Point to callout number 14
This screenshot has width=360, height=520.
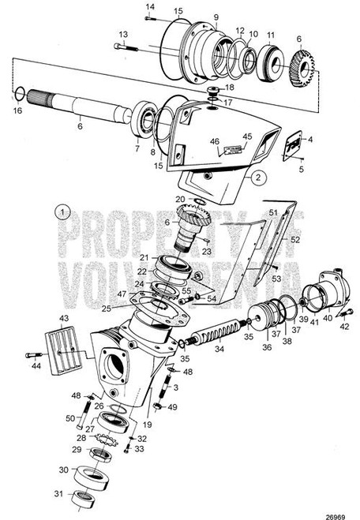click(x=150, y=7)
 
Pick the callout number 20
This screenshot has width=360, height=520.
click(x=179, y=200)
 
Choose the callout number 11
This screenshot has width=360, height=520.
click(x=271, y=36)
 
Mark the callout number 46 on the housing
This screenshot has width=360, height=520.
click(x=213, y=143)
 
